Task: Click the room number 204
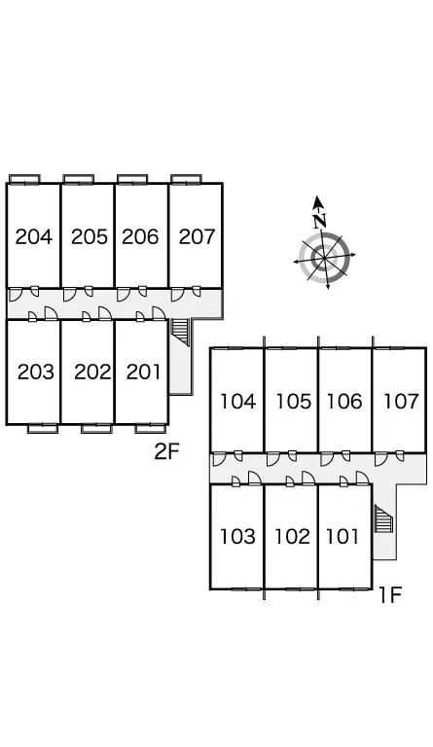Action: pos(33,236)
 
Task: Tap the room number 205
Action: pos(90,236)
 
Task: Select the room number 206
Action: pos(140,236)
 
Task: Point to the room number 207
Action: pos(197,236)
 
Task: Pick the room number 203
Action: pos(36,373)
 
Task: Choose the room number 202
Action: pos(92,373)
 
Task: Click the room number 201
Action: pos(143,373)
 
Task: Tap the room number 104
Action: pos(237,402)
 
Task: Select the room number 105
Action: pos(294,402)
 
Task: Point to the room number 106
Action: pos(343,402)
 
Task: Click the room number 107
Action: pos(401,402)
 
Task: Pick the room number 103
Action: pos(237,537)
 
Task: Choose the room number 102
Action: pos(292,537)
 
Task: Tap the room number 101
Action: pos(342,537)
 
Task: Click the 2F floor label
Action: pos(166,451)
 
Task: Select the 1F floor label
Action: pos(390,595)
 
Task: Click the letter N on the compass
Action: pos(320,220)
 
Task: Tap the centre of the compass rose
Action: pos(324,258)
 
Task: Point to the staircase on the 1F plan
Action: pos(383,519)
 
